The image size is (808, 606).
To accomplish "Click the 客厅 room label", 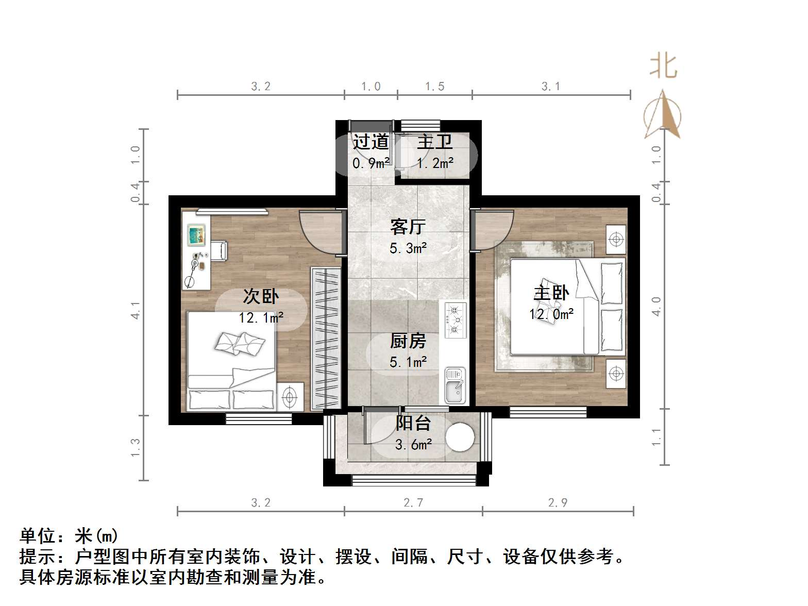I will coord(408,227).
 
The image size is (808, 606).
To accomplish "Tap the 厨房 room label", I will coord(408,341).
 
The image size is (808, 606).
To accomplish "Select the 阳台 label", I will coord(413,423).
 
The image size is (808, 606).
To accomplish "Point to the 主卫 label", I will coord(434,142).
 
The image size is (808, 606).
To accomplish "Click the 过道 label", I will coord(371,142).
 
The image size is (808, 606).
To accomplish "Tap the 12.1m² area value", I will coord(261,318).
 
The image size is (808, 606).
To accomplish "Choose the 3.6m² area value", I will coord(413,444).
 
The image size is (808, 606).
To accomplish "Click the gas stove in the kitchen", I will coord(455,320).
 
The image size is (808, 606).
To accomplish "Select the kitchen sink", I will coord(455,385).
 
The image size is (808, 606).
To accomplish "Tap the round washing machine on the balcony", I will coord(460,437).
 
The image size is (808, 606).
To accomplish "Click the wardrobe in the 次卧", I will coord(326,339).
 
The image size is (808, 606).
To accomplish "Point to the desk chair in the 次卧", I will coord(218,250).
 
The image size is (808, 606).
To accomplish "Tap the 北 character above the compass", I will coord(663,67).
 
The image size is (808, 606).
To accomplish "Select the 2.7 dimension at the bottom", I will coord(413,502).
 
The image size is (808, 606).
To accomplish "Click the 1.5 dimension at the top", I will coord(434,87).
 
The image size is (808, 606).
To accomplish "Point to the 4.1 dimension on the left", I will coord(136,310).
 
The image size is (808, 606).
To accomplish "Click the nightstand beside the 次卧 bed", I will coord(290,397).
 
